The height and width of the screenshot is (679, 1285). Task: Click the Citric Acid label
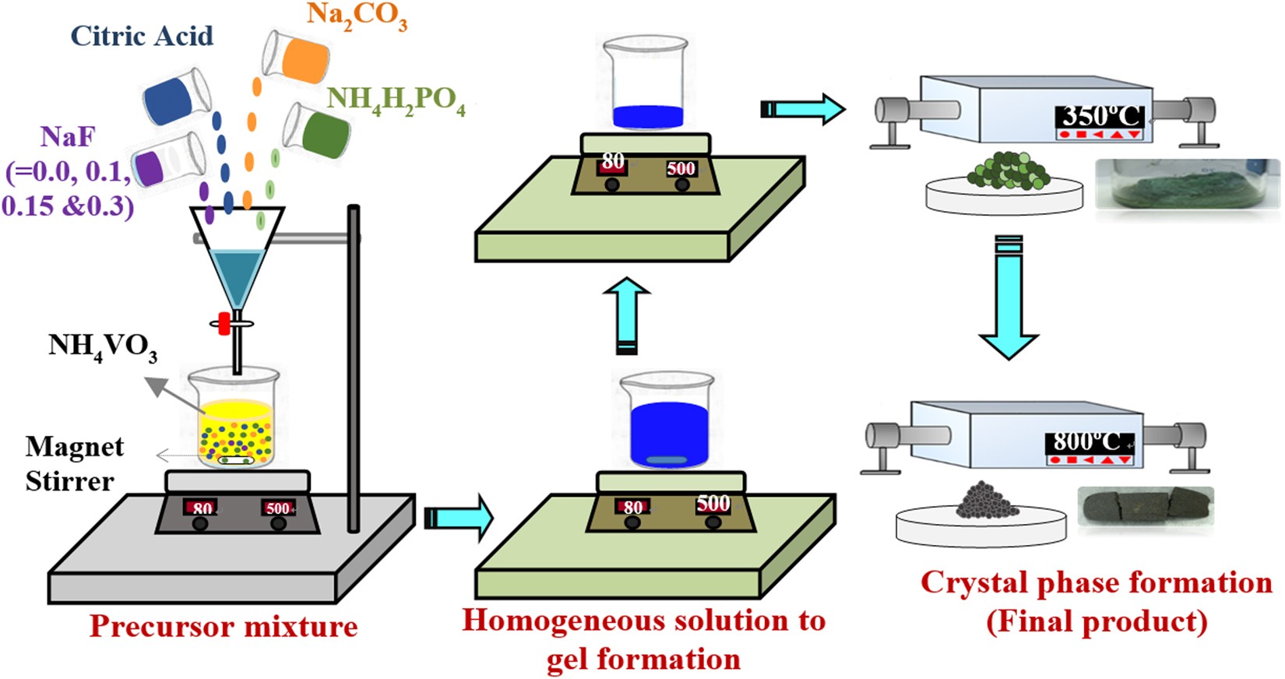pyautogui.click(x=142, y=36)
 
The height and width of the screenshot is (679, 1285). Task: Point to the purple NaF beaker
pyautogui.click(x=166, y=160)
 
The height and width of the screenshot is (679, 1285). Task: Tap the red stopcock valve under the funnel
pyautogui.click(x=224, y=323)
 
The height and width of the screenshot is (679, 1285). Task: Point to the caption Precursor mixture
pyautogui.click(x=224, y=626)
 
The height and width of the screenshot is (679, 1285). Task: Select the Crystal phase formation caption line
pyautogui.click(x=1096, y=582)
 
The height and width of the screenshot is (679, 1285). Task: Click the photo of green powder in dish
pyautogui.click(x=1187, y=185)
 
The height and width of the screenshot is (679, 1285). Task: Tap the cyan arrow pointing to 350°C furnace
pyautogui.click(x=803, y=108)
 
